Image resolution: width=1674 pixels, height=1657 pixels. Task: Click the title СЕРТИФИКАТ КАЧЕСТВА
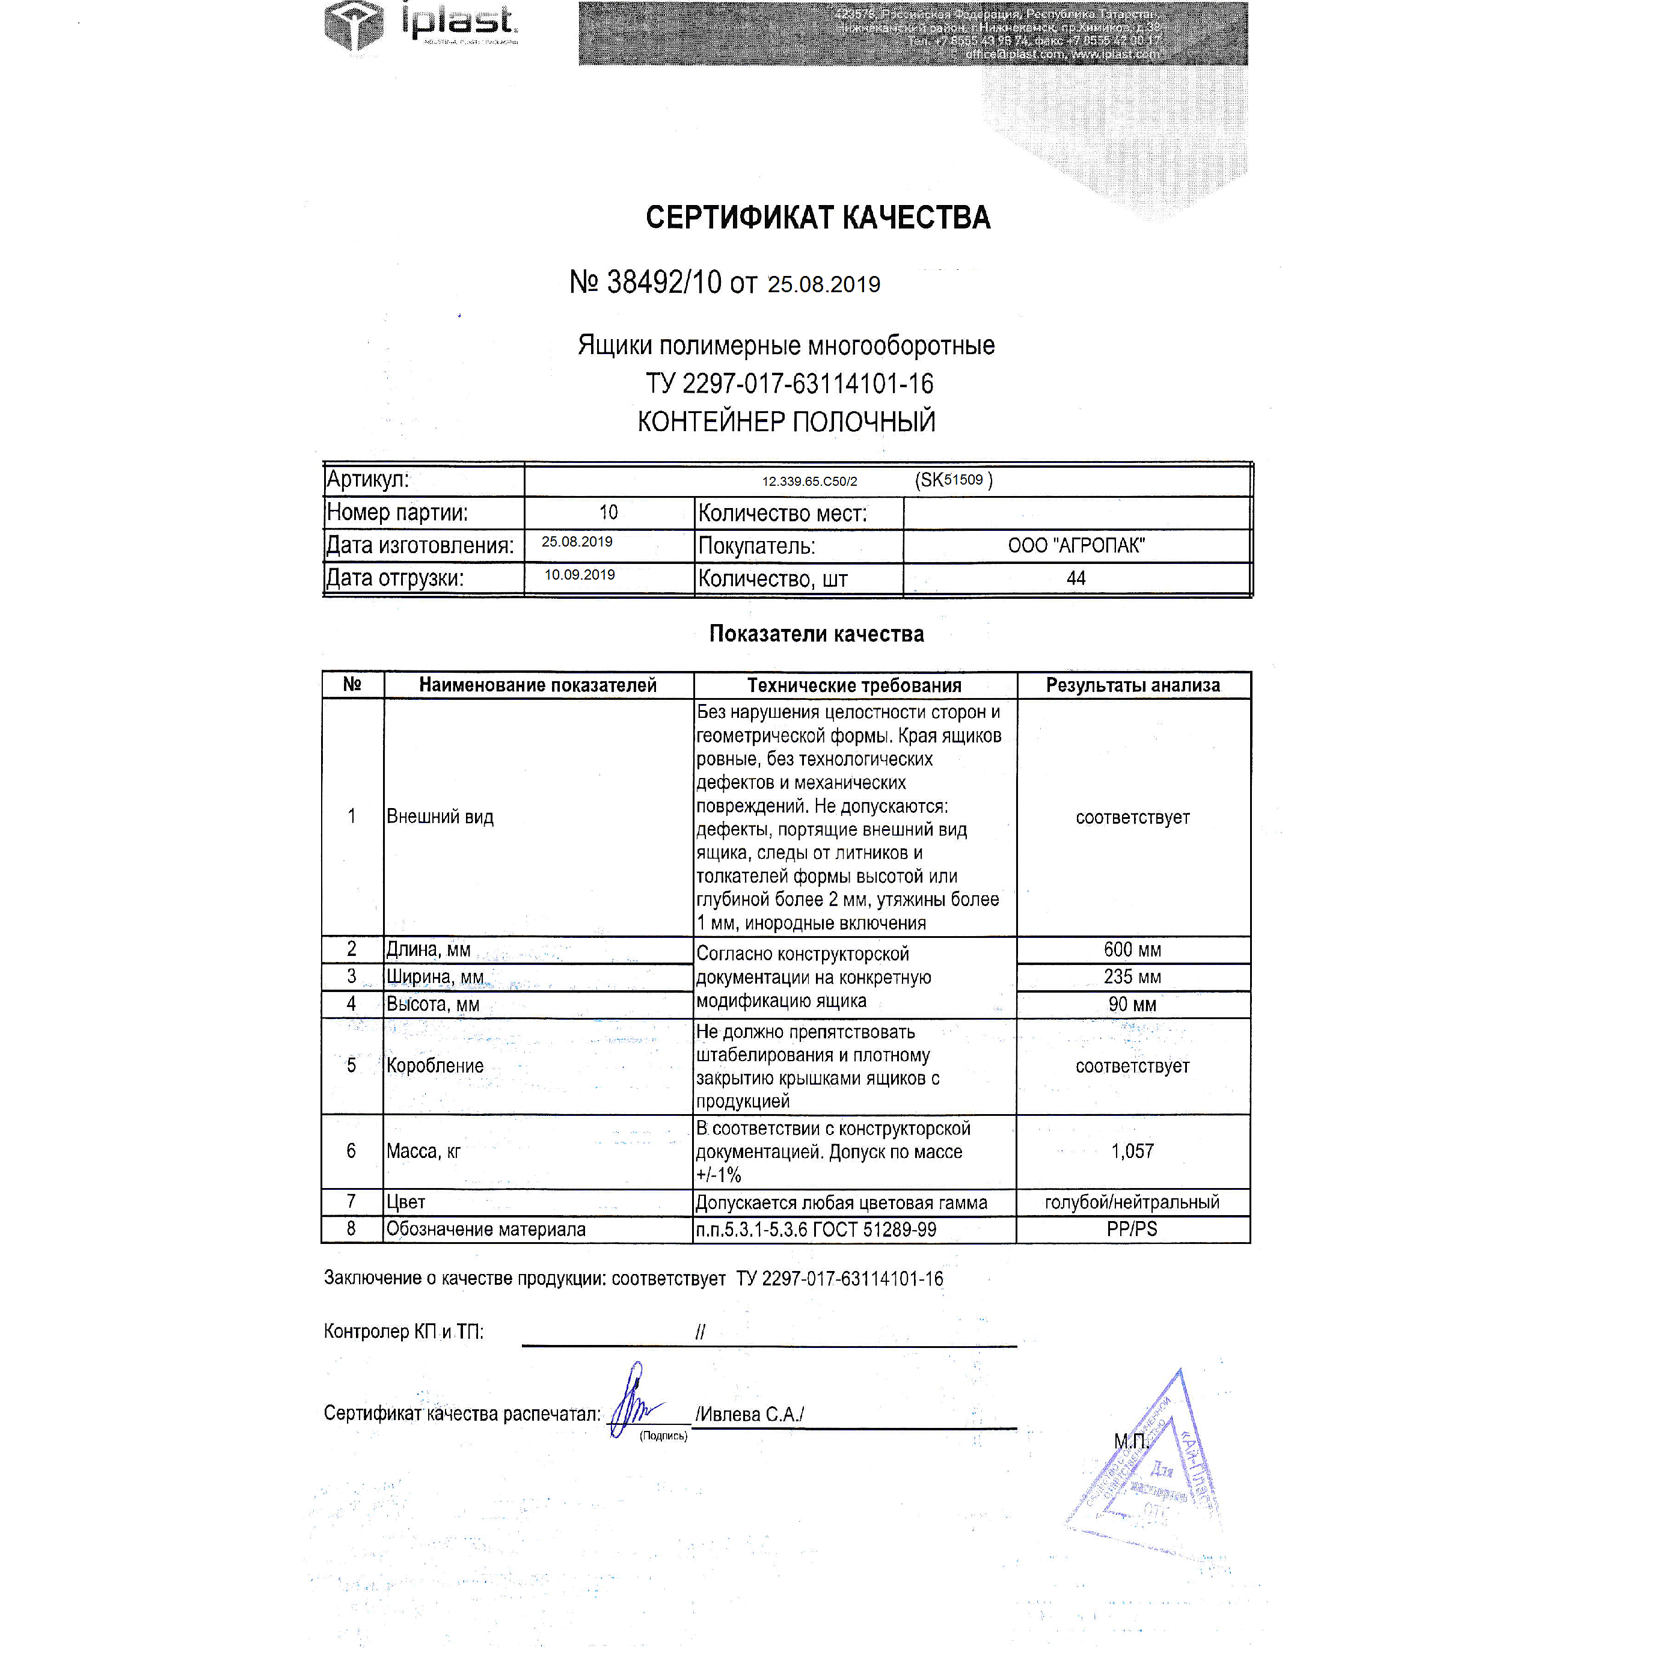tap(817, 218)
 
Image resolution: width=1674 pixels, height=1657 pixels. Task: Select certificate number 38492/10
tap(664, 283)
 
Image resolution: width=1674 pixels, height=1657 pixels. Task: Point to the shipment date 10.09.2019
tap(579, 575)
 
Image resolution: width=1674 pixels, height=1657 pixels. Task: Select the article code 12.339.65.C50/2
tap(809, 481)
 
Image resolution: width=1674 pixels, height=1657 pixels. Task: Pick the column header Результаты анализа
tap(1132, 685)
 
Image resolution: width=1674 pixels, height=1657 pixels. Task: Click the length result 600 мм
tap(1132, 949)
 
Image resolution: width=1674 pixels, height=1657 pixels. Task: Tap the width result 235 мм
tap(1132, 976)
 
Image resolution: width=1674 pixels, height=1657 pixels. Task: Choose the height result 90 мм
tap(1132, 1004)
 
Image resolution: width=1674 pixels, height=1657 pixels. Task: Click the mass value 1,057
tap(1132, 1151)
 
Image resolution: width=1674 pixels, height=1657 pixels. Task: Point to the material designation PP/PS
tap(1132, 1229)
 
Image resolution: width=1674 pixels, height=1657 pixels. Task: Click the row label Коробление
tap(435, 1065)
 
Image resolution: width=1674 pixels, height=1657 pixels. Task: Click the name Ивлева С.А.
tap(750, 1415)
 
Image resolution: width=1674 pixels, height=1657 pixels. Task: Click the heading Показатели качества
tap(816, 634)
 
